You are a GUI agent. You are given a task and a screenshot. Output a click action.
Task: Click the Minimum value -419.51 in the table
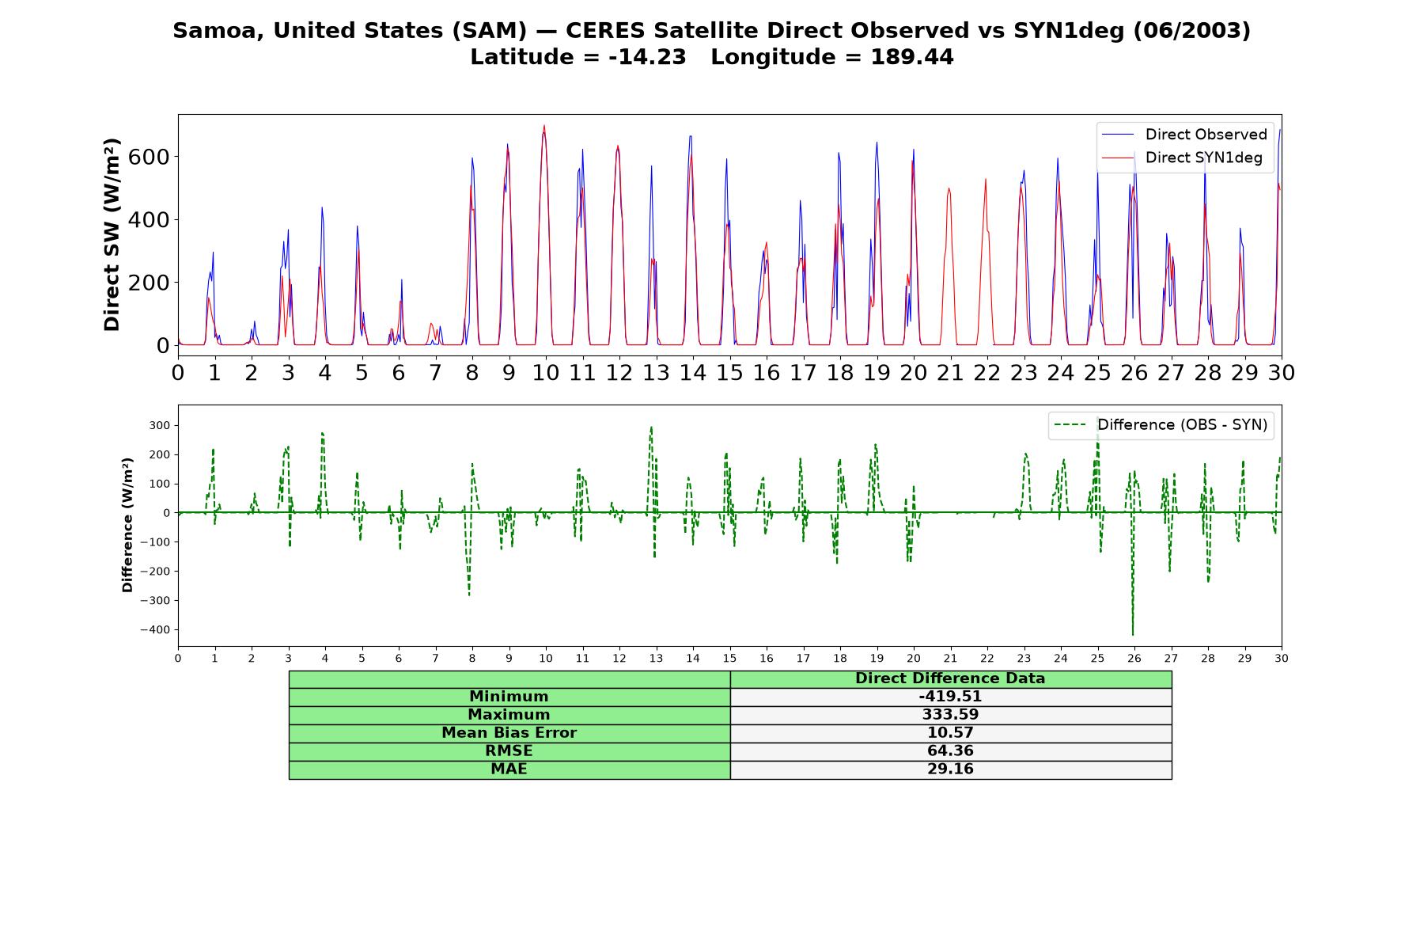tap(950, 697)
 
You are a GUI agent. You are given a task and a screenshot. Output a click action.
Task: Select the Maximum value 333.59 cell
tap(950, 715)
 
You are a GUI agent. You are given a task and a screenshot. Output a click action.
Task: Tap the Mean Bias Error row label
tap(509, 733)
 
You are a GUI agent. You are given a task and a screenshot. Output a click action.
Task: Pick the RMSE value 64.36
tap(950, 751)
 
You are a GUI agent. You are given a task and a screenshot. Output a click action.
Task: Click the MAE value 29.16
tap(950, 769)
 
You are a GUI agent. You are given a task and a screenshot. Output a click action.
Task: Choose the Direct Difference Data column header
tap(950, 678)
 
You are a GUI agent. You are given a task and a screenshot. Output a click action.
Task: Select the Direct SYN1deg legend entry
tap(1182, 158)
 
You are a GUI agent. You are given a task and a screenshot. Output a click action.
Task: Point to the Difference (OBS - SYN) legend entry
tap(1161, 425)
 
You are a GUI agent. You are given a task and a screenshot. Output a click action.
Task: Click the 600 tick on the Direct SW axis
tap(149, 157)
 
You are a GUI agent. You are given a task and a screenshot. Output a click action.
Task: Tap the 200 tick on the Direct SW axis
tap(149, 283)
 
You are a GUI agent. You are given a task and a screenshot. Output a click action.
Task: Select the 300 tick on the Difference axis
tap(159, 426)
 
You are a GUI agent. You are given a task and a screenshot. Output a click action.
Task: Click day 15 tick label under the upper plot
tap(729, 373)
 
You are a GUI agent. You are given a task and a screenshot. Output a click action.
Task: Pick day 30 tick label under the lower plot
tap(1282, 658)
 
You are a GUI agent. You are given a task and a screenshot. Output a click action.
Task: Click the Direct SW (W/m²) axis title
tap(112, 234)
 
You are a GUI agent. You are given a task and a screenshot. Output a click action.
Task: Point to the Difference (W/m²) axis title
tap(127, 526)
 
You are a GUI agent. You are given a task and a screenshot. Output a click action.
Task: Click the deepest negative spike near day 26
tap(1133, 634)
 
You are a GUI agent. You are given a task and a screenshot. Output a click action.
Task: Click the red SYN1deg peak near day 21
tap(949, 188)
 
